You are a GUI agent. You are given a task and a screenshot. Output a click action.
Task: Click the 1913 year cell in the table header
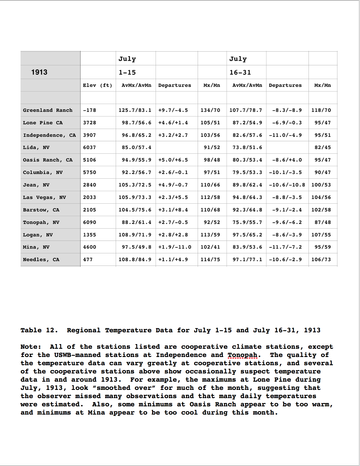(x=39, y=72)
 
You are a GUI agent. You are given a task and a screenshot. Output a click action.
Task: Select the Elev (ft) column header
(x=97, y=85)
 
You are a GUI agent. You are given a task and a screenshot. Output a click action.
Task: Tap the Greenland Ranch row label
(x=48, y=110)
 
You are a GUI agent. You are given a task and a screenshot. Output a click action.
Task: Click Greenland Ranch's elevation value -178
(x=90, y=110)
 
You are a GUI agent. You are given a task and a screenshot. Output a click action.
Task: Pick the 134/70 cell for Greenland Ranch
(x=210, y=110)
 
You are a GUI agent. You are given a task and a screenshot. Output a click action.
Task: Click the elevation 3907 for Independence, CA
(x=90, y=135)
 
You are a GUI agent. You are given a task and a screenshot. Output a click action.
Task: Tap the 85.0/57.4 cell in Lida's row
(x=137, y=147)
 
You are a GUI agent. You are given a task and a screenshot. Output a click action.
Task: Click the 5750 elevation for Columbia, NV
(x=90, y=172)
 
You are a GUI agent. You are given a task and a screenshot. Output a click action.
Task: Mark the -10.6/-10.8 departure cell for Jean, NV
(x=287, y=185)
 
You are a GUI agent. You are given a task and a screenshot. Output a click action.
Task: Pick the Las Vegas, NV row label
(x=44, y=197)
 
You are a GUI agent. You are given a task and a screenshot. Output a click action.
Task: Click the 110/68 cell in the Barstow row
(x=210, y=210)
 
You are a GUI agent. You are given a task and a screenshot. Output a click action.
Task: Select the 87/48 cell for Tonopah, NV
(x=322, y=222)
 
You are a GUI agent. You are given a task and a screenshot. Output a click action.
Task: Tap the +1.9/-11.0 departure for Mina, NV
(x=175, y=247)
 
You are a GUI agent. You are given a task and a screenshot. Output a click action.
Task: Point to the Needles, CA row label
(x=41, y=260)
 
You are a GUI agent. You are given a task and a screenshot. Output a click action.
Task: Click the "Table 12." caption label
(x=39, y=330)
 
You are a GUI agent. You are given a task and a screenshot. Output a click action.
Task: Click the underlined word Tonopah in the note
(x=243, y=355)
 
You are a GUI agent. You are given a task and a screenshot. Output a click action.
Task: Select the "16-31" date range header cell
(x=240, y=72)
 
